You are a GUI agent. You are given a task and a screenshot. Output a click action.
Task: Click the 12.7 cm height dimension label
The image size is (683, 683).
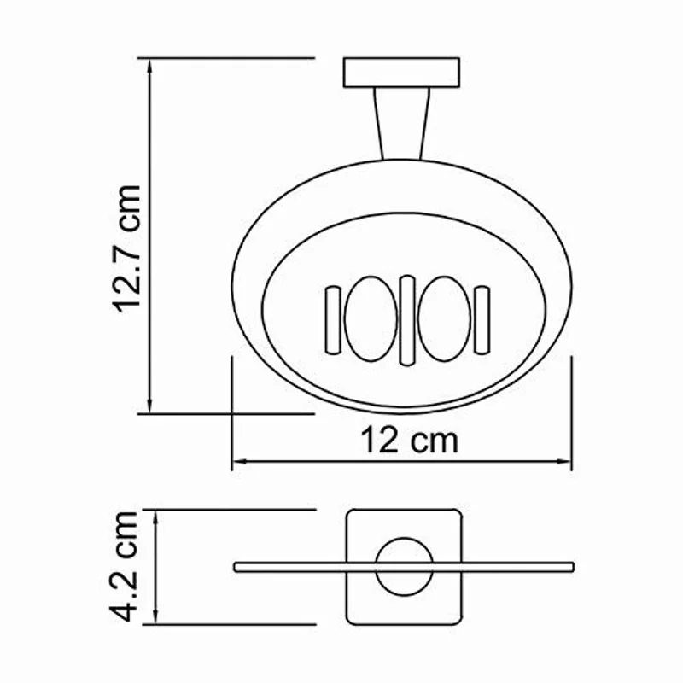click(x=128, y=248)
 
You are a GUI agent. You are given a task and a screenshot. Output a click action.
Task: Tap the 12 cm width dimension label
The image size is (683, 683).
click(x=407, y=441)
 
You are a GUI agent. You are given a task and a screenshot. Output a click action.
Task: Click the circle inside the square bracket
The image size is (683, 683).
click(x=402, y=567)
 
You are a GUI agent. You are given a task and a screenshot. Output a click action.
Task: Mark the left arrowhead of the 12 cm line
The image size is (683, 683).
click(x=236, y=462)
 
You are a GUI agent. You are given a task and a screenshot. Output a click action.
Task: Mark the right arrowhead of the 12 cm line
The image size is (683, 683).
click(x=567, y=462)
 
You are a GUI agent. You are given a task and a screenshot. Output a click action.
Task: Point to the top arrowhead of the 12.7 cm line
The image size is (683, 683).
click(x=151, y=64)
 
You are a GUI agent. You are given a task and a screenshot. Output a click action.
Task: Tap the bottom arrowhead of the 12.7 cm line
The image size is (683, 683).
click(x=151, y=407)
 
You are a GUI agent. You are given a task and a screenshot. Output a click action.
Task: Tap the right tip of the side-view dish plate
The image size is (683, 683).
click(x=571, y=565)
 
